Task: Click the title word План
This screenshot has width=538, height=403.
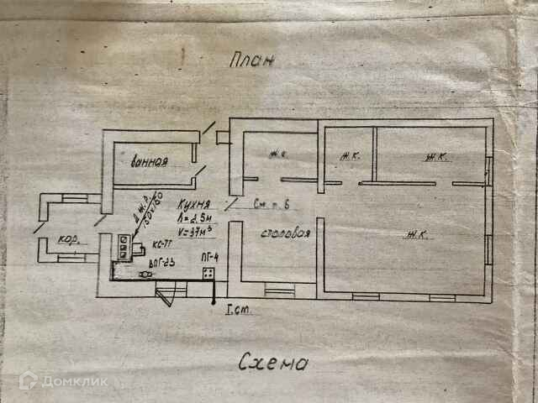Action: [252, 61]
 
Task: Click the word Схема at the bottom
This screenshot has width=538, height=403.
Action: [272, 364]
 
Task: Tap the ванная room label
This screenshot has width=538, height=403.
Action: [150, 161]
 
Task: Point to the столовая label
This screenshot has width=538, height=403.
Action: [281, 233]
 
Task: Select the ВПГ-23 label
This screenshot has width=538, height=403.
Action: [161, 263]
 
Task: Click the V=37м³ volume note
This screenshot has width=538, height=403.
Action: [198, 229]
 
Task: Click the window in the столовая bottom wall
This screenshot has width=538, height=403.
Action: [279, 290]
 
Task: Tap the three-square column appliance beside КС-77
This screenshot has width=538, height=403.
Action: [124, 245]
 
